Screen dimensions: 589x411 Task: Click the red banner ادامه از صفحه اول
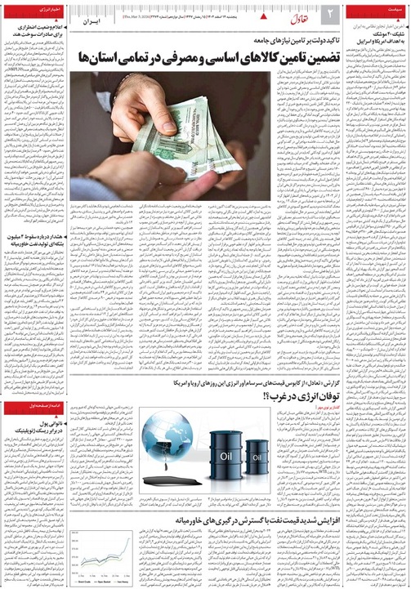coord(32,406)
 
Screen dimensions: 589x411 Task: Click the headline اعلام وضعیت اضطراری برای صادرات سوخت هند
coord(38,33)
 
